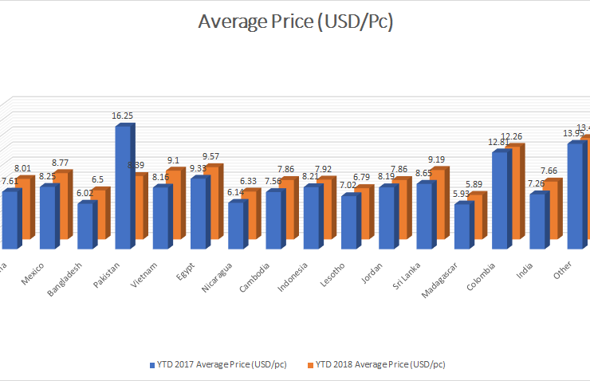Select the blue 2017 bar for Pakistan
click(124, 187)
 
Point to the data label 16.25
click(123, 116)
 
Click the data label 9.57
click(211, 155)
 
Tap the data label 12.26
click(512, 136)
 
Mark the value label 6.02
click(85, 192)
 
